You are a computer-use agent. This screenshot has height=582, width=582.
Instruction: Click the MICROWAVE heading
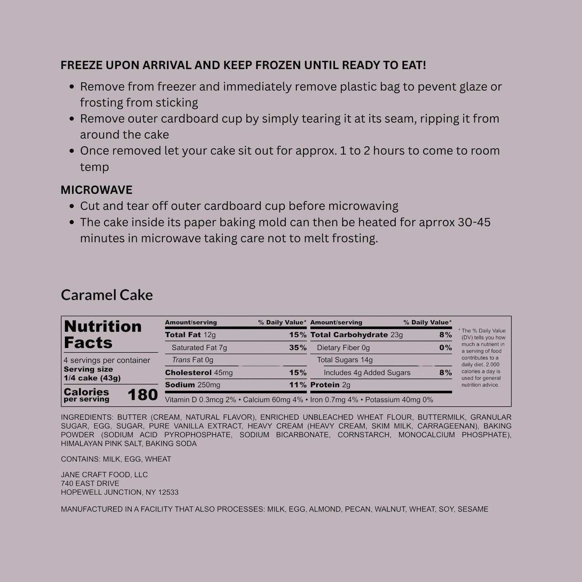click(x=96, y=190)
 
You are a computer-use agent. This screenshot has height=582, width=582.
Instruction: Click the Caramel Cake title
click(x=107, y=295)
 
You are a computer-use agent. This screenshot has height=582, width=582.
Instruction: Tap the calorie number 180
click(x=142, y=395)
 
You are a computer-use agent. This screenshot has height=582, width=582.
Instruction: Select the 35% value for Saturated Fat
click(x=298, y=348)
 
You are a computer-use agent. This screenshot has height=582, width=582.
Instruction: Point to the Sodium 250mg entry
click(x=192, y=385)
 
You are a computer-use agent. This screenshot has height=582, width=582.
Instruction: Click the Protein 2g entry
click(x=330, y=385)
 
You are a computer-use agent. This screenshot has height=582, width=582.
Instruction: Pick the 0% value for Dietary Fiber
click(x=445, y=348)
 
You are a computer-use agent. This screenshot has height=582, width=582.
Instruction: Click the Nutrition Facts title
click(x=102, y=334)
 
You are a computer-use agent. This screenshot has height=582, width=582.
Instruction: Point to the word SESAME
click(x=473, y=509)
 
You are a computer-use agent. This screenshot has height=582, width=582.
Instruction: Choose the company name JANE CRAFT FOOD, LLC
click(x=104, y=475)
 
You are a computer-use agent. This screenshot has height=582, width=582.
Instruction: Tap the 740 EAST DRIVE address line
click(x=90, y=483)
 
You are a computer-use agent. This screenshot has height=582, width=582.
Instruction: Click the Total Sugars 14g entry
click(x=345, y=360)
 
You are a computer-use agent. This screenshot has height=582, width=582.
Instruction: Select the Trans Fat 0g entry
click(x=192, y=360)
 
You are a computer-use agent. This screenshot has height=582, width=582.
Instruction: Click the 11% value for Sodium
click(x=298, y=385)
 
